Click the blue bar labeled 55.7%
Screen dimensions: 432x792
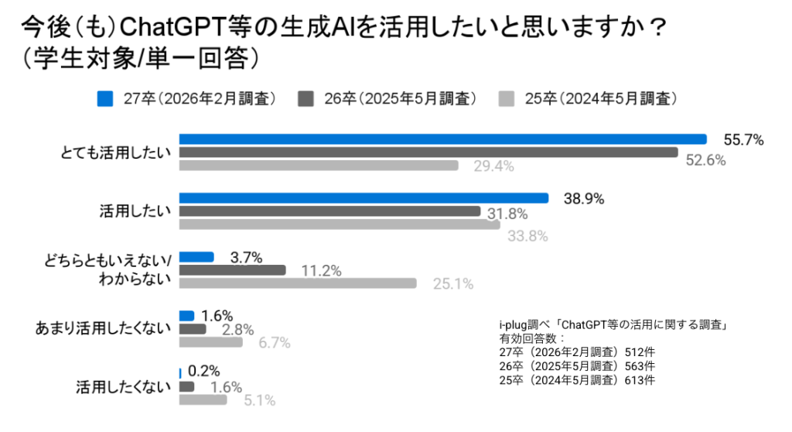click(442, 139)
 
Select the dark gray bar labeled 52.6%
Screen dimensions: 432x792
click(428, 153)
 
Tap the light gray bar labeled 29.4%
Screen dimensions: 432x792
click(319, 166)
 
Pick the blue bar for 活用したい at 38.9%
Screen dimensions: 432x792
click(364, 198)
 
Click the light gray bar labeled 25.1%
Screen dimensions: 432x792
click(298, 283)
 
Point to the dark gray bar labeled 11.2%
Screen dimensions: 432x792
click(232, 270)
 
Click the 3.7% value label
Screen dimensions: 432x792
click(247, 256)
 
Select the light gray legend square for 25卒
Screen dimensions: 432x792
click(506, 98)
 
